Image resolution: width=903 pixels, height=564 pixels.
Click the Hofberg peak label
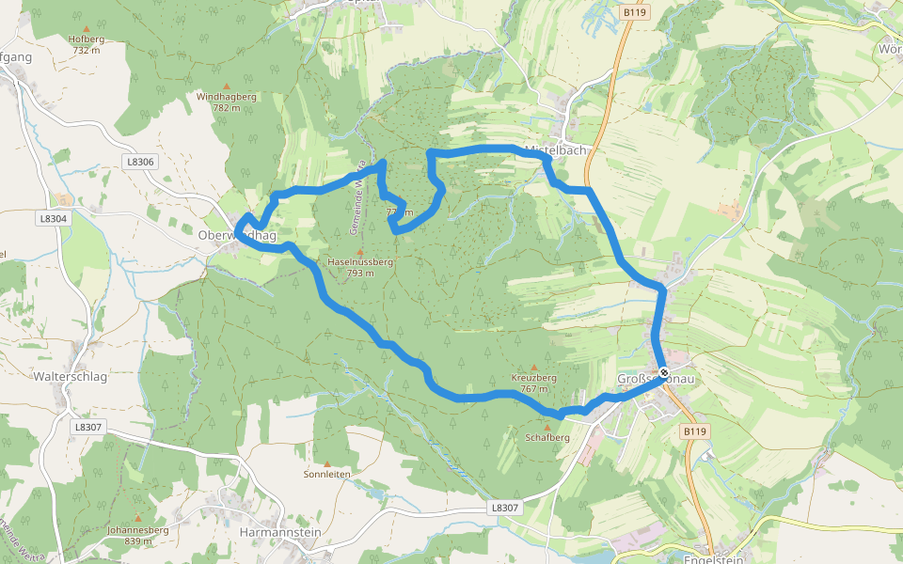tap(86, 44)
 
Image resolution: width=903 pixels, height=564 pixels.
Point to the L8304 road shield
tap(54, 218)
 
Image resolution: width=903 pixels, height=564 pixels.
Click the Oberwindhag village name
tap(237, 236)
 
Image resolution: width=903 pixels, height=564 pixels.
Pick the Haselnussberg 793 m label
tap(359, 267)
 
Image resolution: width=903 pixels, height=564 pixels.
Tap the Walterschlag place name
tap(71, 377)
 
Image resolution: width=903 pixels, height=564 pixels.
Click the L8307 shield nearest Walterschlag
tap(87, 426)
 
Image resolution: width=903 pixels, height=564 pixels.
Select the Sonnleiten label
tap(327, 475)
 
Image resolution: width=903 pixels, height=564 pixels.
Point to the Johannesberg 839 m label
tap(138, 535)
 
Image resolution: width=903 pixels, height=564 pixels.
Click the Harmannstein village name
tap(281, 532)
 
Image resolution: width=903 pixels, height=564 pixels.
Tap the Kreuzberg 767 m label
tap(534, 383)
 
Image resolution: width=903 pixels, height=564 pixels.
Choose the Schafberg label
tap(547, 437)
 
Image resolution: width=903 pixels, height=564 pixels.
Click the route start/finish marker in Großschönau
tap(664, 372)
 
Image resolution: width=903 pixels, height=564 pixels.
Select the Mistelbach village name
tap(555, 150)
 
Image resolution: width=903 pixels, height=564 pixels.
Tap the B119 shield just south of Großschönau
tap(694, 431)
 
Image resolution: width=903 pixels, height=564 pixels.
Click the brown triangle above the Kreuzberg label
tap(534, 367)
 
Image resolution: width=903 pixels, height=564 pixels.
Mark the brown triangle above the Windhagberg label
tap(226, 86)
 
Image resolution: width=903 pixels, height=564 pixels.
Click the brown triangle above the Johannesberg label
tap(138, 518)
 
